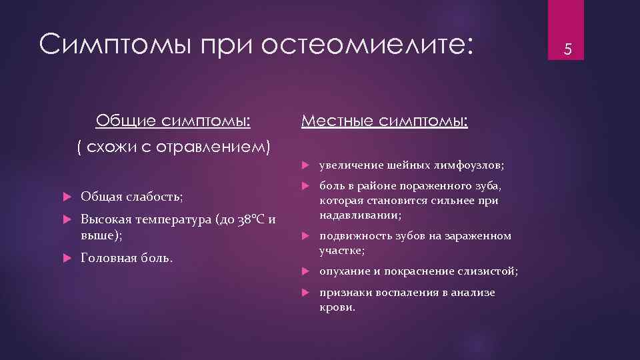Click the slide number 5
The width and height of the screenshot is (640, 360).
click(568, 48)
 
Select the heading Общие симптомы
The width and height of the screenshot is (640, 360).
click(173, 121)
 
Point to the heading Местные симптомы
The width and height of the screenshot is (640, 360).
click(385, 121)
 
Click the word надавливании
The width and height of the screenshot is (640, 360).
click(359, 215)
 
